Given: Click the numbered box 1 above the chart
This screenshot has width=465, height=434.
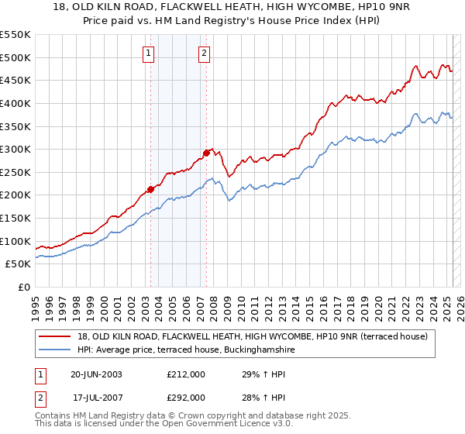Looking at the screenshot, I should point(148,53).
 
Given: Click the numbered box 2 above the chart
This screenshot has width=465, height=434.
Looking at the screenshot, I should point(203,53).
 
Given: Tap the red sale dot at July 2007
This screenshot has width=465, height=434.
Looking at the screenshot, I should point(207,153).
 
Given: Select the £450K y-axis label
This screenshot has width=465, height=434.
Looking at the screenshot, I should point(15,80).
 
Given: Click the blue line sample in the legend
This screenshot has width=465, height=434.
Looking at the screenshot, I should point(57,350).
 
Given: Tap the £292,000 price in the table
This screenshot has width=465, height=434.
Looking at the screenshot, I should point(186,398).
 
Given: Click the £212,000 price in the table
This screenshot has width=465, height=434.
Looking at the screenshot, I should point(186,374).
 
